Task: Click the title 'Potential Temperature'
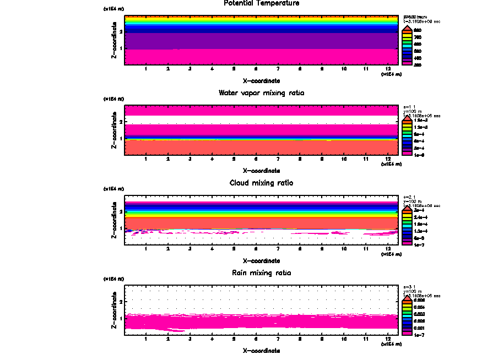coord(262,3)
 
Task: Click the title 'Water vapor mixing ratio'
coord(262,93)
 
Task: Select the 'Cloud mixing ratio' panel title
coord(262,183)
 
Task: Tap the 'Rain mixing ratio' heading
coord(262,273)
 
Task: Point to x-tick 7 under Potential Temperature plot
coord(278,69)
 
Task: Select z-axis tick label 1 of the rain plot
coord(121,318)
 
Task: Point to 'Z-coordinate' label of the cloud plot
coord(114,222)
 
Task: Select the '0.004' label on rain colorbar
coord(419,307)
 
